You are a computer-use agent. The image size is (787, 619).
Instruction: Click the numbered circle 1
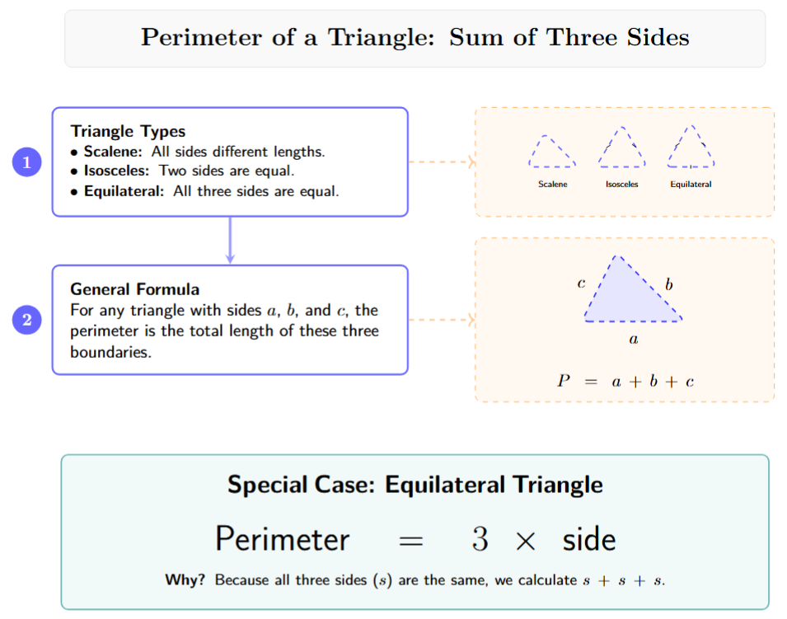26,162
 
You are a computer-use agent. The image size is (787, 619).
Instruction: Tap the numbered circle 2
26,320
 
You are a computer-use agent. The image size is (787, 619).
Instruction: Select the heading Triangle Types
128,131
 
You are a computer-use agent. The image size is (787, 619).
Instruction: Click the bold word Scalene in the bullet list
113,152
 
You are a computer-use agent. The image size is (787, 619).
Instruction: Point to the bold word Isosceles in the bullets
118,171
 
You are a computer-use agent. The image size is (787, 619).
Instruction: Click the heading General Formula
134,289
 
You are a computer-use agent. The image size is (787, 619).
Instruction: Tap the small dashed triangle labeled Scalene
551,152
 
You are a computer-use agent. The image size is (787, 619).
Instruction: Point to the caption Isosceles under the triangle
622,185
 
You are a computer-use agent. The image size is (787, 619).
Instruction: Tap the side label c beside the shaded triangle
581,284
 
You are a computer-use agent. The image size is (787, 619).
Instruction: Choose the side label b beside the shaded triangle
669,284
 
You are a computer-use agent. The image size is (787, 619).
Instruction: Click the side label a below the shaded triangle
633,338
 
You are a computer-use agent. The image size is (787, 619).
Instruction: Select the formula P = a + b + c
625,381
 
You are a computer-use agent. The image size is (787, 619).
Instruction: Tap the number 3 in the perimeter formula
480,540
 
